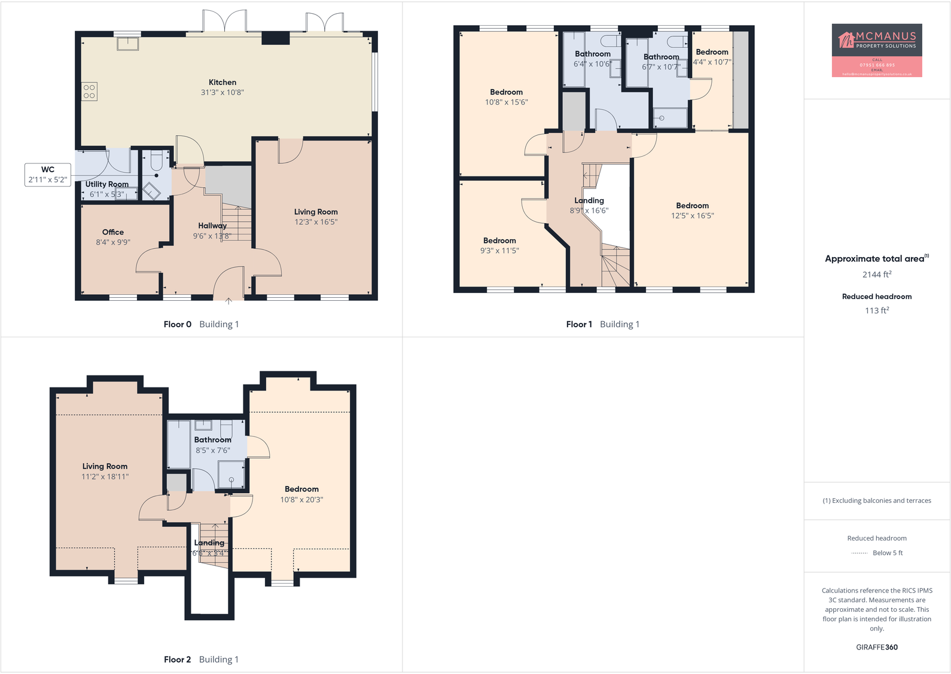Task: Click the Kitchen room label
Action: click(x=222, y=83)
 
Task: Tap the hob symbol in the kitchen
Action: click(x=89, y=92)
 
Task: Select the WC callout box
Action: click(x=48, y=175)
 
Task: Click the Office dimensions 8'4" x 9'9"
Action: click(x=113, y=242)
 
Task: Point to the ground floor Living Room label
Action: click(x=316, y=212)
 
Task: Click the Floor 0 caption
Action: click(x=177, y=324)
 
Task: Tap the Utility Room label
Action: click(x=106, y=184)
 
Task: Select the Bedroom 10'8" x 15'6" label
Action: click(x=506, y=92)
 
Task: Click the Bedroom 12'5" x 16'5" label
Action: click(x=692, y=206)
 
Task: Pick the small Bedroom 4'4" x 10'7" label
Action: click(x=712, y=52)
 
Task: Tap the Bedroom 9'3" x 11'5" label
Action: click(x=499, y=240)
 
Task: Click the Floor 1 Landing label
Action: click(x=589, y=200)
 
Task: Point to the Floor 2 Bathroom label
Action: click(x=212, y=440)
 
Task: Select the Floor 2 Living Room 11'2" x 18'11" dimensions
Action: click(x=105, y=477)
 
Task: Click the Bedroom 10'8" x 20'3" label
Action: click(x=301, y=489)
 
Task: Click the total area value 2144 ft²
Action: click(x=876, y=275)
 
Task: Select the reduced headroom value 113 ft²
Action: click(x=876, y=310)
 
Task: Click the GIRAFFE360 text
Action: click(x=876, y=647)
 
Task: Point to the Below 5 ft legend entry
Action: click(x=887, y=553)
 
